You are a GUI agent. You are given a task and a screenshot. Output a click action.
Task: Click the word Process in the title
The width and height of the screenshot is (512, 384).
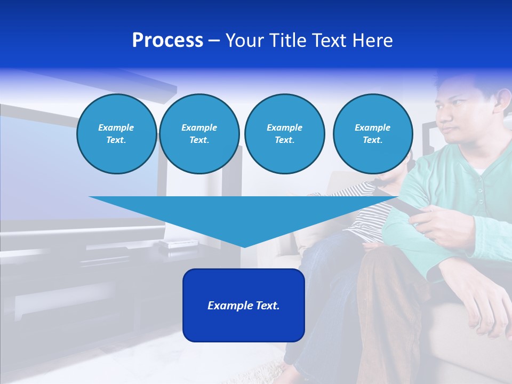(x=167, y=41)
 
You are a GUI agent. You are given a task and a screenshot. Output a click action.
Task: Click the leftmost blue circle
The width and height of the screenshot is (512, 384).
(x=116, y=134)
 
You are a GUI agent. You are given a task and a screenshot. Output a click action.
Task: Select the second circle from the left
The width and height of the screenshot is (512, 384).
(x=199, y=134)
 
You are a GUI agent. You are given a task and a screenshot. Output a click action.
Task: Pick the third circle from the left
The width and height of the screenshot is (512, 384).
(x=284, y=134)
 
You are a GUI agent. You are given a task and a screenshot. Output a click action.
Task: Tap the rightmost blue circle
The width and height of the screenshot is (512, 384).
(x=372, y=134)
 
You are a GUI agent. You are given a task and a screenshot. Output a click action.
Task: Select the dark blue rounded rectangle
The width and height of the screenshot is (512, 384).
(x=243, y=305)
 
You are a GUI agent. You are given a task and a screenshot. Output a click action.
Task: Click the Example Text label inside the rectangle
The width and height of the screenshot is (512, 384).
(x=243, y=306)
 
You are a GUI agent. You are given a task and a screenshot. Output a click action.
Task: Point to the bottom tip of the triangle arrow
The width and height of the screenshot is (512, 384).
(x=244, y=246)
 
